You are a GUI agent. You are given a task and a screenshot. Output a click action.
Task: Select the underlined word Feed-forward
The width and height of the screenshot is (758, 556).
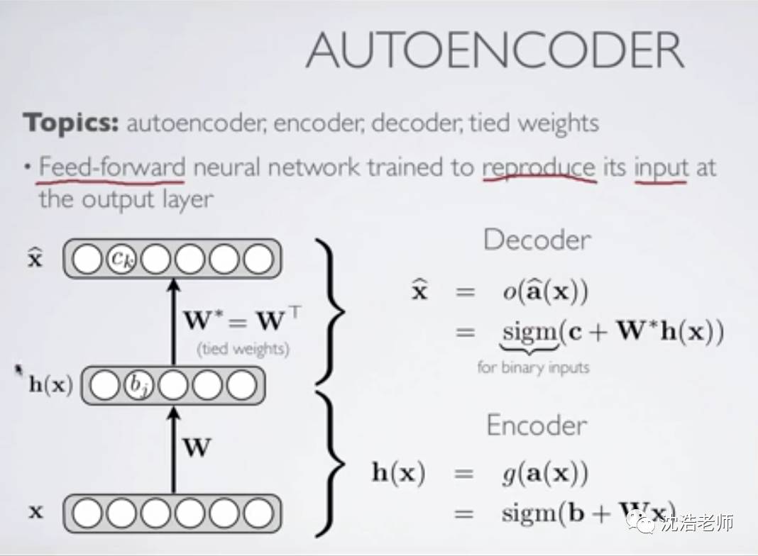112,167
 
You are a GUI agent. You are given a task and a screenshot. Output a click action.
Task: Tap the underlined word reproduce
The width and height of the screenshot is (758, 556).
539,167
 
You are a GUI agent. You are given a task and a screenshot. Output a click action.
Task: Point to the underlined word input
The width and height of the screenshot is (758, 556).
661,167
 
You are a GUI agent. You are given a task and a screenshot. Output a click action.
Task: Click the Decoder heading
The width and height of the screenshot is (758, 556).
537,240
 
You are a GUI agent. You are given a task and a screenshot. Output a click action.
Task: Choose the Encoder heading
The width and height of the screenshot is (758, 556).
537,425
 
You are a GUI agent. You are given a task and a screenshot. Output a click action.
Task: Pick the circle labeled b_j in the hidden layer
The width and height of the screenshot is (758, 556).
138,385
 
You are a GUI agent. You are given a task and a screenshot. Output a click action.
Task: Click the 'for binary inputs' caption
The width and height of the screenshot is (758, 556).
533,367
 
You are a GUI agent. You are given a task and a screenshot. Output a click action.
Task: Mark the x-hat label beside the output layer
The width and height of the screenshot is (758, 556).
35,257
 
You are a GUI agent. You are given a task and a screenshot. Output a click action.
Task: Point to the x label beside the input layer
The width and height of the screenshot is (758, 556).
35,511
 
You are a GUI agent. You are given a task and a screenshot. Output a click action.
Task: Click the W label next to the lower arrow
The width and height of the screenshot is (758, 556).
197,448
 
